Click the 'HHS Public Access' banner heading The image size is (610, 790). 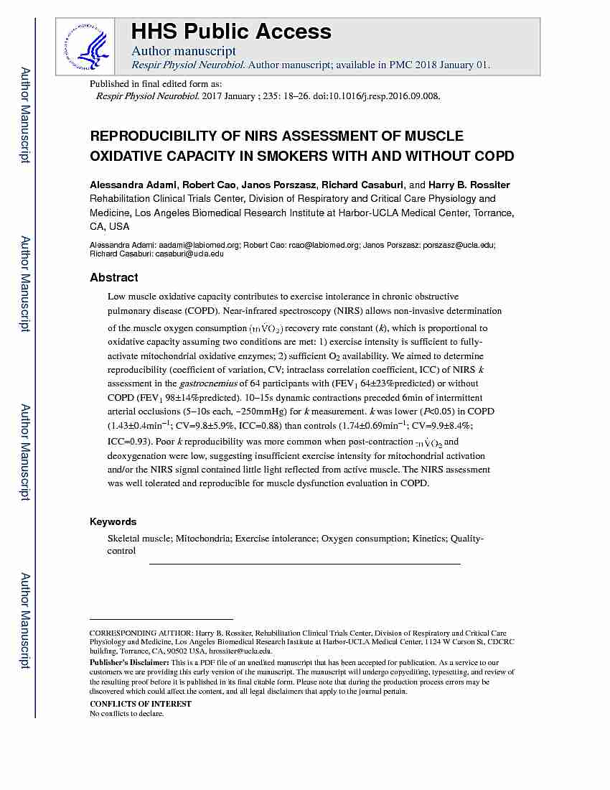[x=230, y=32]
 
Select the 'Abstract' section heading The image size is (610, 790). [x=113, y=277]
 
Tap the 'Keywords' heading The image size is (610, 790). [x=113, y=521]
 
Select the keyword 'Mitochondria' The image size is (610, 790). [x=204, y=538]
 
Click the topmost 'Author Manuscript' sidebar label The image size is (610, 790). [x=25, y=115]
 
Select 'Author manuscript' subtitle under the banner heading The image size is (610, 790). [x=183, y=51]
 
